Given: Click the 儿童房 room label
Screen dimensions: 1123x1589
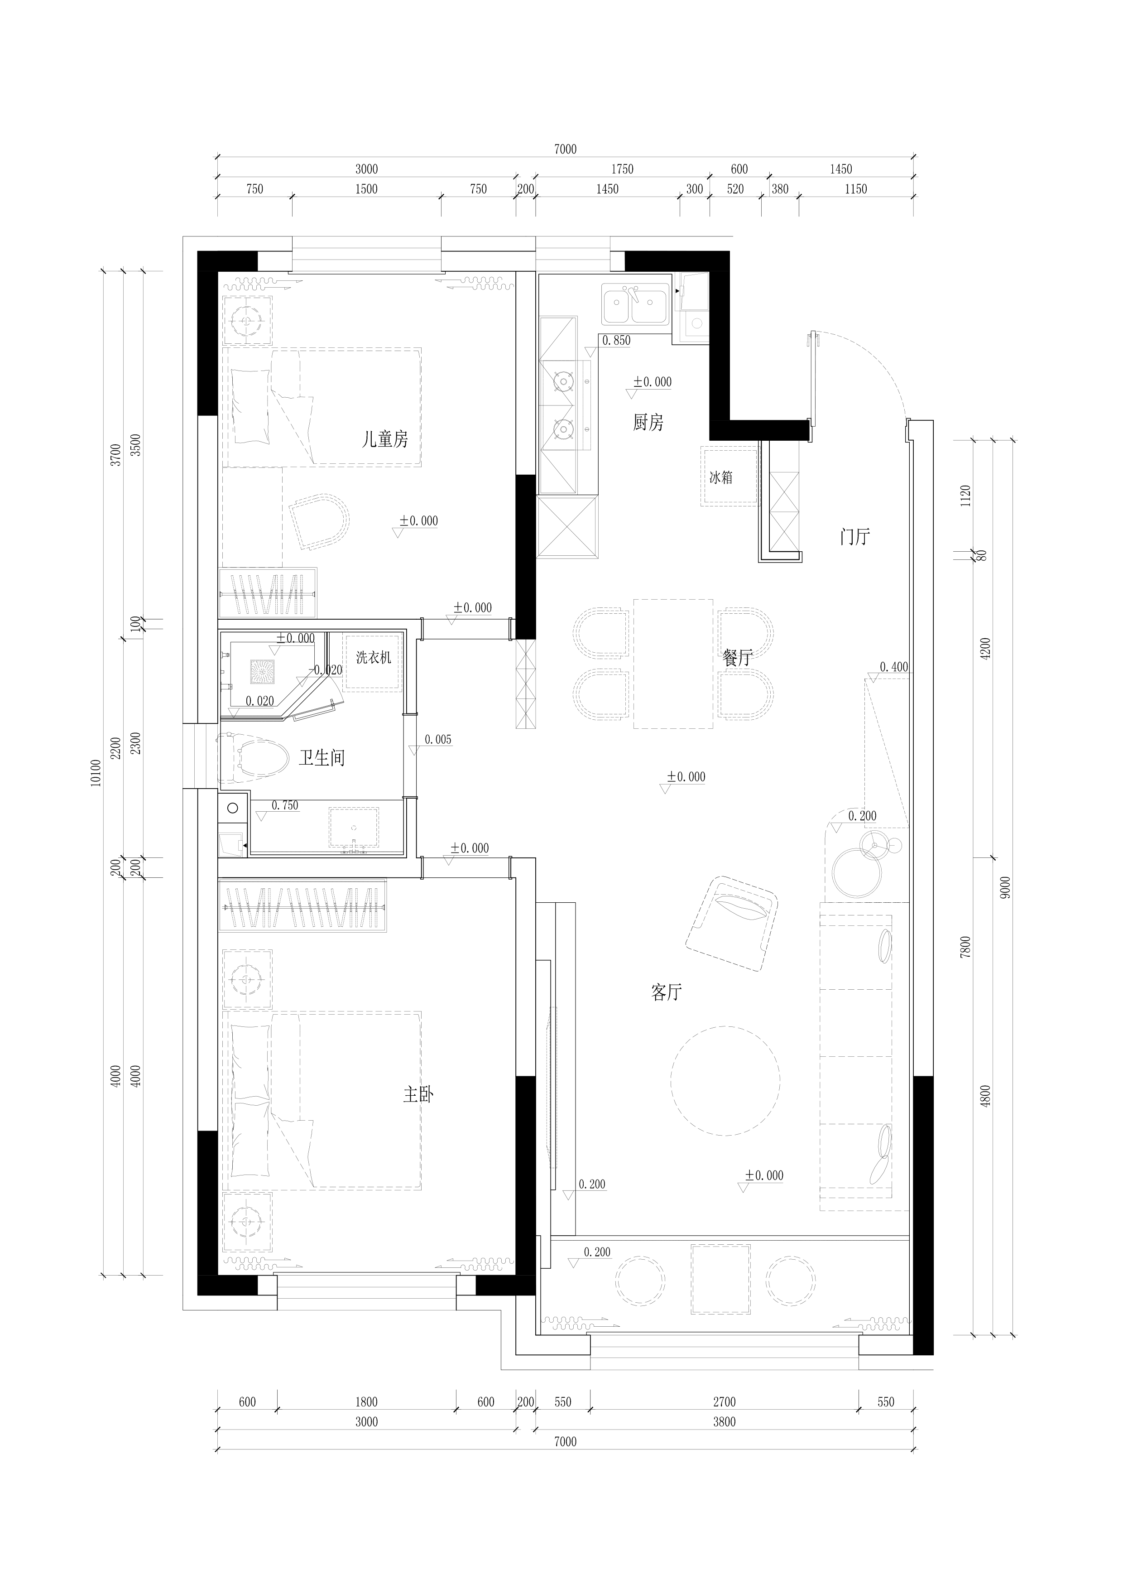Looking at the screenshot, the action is pyautogui.click(x=385, y=439).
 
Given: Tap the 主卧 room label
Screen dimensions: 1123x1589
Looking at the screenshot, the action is pyautogui.click(x=418, y=1094).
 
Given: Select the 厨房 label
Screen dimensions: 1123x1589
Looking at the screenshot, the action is pyautogui.click(x=648, y=422).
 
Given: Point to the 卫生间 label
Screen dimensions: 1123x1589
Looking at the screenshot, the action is pyautogui.click(x=322, y=758).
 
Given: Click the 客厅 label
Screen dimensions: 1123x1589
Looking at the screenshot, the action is pyautogui.click(x=666, y=992).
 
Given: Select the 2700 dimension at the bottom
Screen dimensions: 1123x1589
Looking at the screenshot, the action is pyautogui.click(x=725, y=1401).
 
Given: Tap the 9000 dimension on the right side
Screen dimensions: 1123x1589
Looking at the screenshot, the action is pyautogui.click(x=1005, y=887).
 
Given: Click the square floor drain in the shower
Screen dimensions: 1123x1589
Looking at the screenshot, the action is pyautogui.click(x=262, y=671).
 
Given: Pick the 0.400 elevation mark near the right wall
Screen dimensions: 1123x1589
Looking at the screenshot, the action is pyautogui.click(x=894, y=667).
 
